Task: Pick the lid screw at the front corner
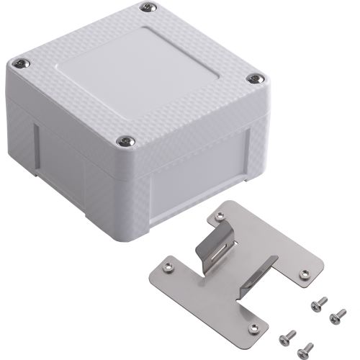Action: [x=127, y=139]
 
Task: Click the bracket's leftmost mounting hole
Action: [x=168, y=267]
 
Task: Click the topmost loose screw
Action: [x=318, y=303]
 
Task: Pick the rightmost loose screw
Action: [x=337, y=315]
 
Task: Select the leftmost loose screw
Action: [x=288, y=335]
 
